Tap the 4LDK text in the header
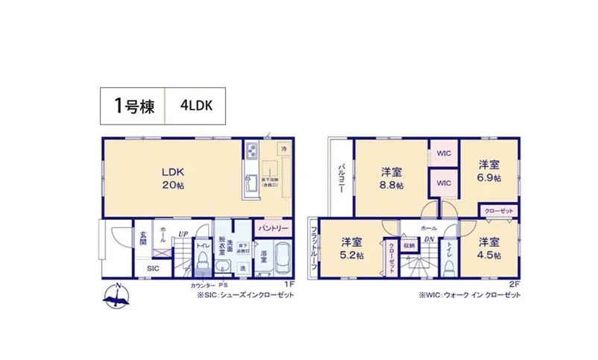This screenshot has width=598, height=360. pyautogui.click(x=196, y=105)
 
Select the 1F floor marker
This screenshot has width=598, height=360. pyautogui.click(x=289, y=284)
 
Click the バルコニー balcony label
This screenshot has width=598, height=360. pyautogui.click(x=341, y=177)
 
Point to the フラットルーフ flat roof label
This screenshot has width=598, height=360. pyautogui.click(x=315, y=247)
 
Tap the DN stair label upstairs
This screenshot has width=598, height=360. pyautogui.click(x=429, y=239)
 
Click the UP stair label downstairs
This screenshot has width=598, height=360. pyautogui.click(x=182, y=234)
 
